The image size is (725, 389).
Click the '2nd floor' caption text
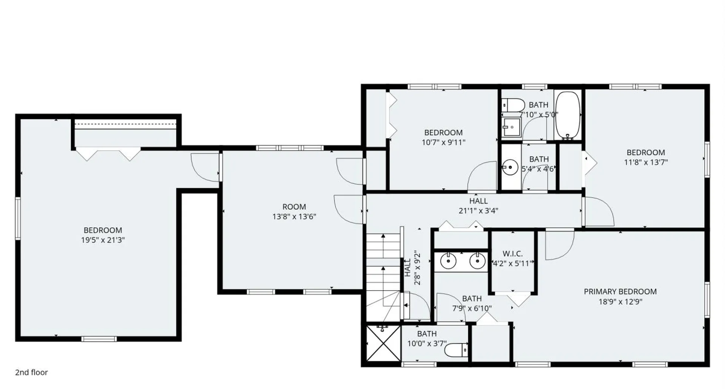tap(31, 372)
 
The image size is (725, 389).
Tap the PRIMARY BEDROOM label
tap(620, 291)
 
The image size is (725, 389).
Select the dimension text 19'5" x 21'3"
tap(103, 240)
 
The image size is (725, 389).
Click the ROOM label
tap(294, 207)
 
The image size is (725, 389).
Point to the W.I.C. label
tap(512, 254)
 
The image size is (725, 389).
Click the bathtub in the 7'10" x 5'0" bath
tap(568, 115)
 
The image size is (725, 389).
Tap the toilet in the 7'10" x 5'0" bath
tap(513, 104)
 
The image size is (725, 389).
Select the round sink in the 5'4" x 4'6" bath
tap(511, 167)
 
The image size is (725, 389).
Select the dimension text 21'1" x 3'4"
tap(478, 211)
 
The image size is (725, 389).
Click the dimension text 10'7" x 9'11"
tap(443, 142)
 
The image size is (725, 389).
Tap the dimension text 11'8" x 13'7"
tap(646, 162)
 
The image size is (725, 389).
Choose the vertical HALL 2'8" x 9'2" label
tap(412, 267)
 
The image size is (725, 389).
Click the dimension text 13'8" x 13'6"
tap(294, 217)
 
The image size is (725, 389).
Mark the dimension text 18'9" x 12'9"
tap(620, 302)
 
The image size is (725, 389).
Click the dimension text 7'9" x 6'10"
tap(472, 308)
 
